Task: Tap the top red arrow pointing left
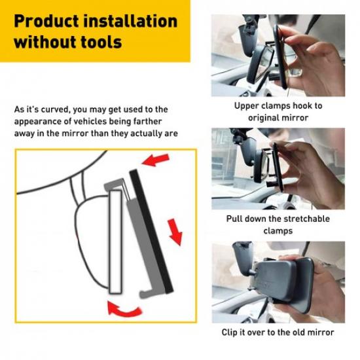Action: pyautogui.click(x=154, y=160)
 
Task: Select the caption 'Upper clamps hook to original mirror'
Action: pyautogui.click(x=278, y=111)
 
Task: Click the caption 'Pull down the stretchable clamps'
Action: pyautogui.click(x=278, y=225)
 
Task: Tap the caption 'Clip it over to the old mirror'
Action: pyautogui.click(x=278, y=333)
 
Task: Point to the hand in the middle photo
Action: pyautogui.click(x=314, y=167)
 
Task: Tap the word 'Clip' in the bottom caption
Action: pyautogui.click(x=230, y=333)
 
